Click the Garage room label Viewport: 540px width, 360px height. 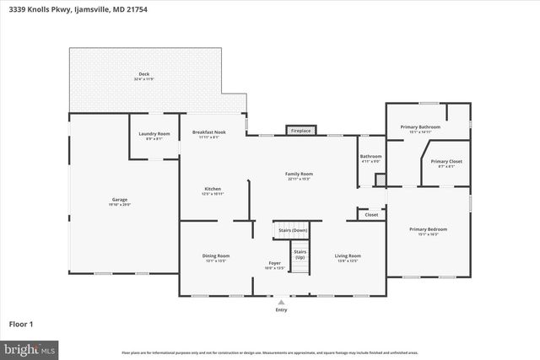pyautogui.click(x=118, y=200)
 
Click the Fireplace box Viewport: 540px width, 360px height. pyautogui.click(x=300, y=132)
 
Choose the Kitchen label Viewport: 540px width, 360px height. pyautogui.click(x=212, y=189)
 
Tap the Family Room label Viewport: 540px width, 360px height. pyautogui.click(x=299, y=174)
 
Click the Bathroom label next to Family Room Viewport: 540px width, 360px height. pyautogui.click(x=371, y=156)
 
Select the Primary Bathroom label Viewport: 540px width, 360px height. pyautogui.click(x=420, y=127)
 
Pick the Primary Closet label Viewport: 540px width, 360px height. pyautogui.click(x=446, y=161)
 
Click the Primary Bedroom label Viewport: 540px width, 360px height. pyautogui.click(x=428, y=229)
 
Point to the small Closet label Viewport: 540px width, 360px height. pyautogui.click(x=371, y=215)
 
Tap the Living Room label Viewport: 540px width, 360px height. pyautogui.click(x=348, y=255)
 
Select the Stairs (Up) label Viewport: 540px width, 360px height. pyautogui.click(x=300, y=253)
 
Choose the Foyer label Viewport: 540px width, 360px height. pyautogui.click(x=275, y=263)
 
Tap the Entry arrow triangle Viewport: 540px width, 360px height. pyautogui.click(x=281, y=302)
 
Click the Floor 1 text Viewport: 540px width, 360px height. pyautogui.click(x=20, y=323)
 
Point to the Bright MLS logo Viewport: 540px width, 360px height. pyautogui.click(x=30, y=347)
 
